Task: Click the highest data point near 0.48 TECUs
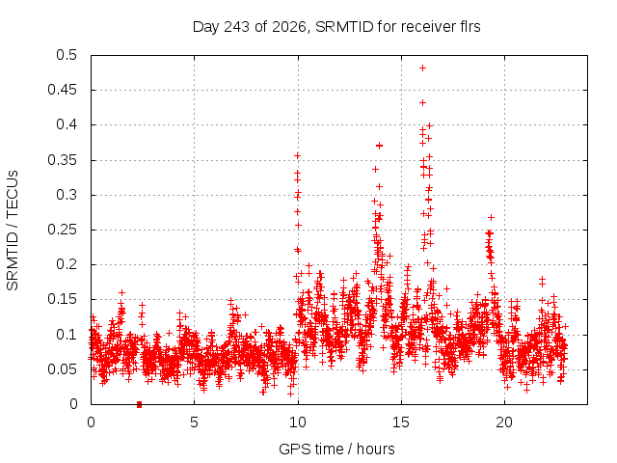422,68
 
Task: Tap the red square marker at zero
139,404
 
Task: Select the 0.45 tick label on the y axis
62,90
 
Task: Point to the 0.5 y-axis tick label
67,55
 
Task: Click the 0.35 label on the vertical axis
62,160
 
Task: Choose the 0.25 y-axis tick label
62,230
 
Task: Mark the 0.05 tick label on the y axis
62,369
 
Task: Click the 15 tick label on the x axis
401,422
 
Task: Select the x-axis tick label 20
504,422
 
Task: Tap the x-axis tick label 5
194,422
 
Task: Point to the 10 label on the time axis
298,422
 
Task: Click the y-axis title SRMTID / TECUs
13,231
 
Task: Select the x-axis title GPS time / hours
336,449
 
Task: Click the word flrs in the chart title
470,27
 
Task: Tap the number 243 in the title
236,27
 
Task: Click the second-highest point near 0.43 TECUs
422,103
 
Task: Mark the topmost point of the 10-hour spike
298,156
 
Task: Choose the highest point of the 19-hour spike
491,218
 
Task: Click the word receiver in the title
428,27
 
